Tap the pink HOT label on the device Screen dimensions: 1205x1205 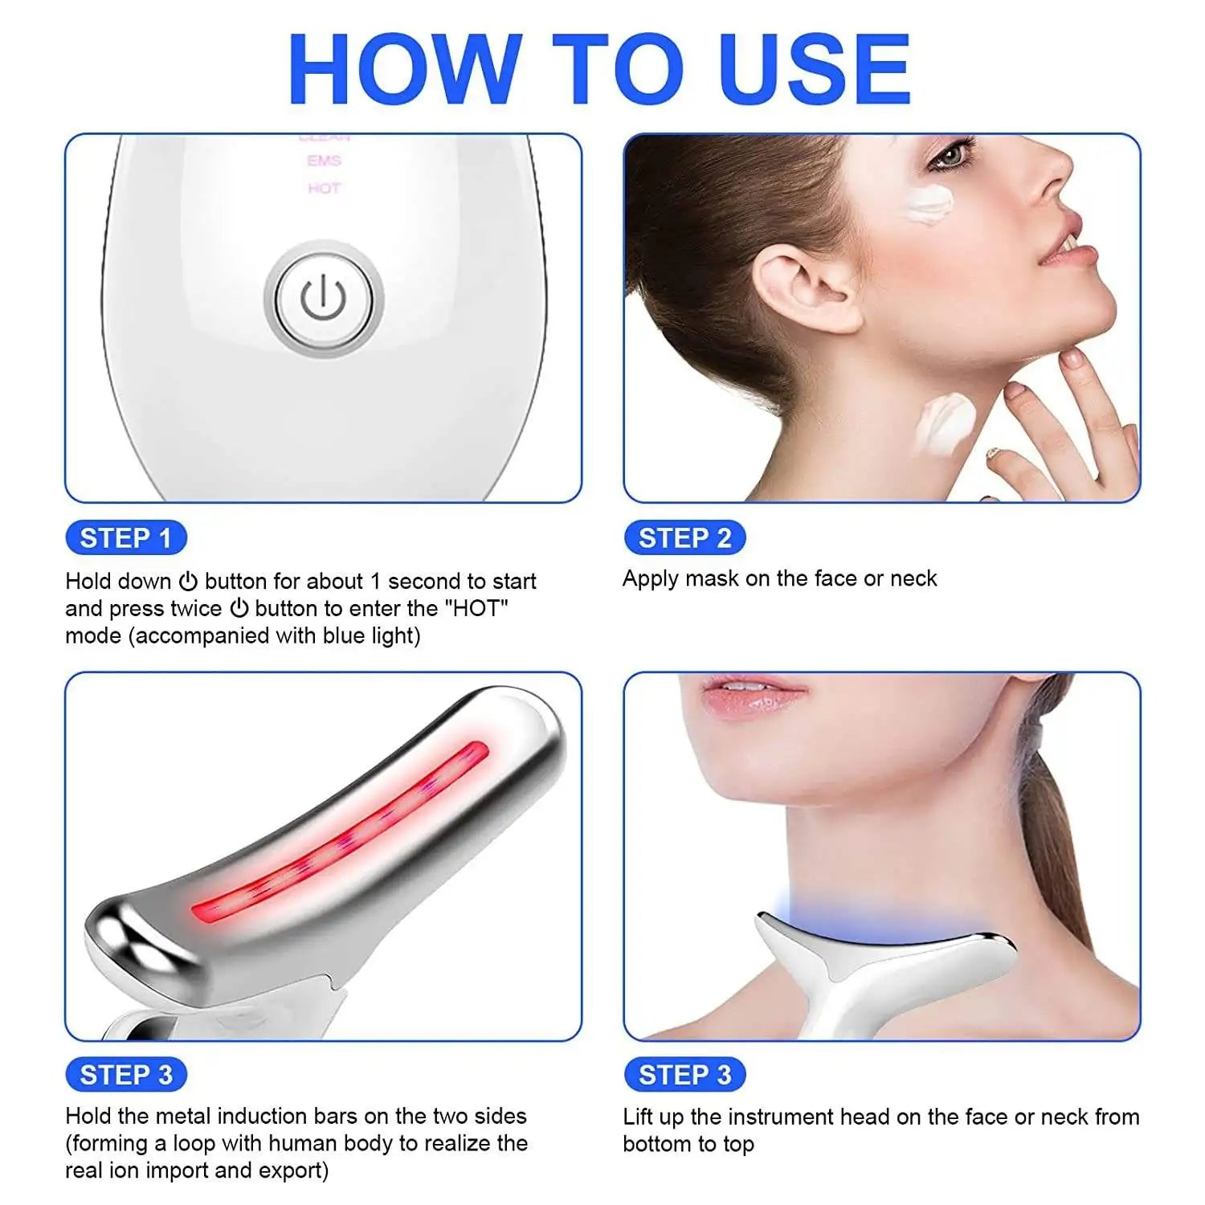click(x=324, y=188)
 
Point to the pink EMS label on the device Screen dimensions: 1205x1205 click(x=324, y=161)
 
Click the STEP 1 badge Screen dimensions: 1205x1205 click(x=125, y=537)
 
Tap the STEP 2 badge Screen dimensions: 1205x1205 click(x=684, y=537)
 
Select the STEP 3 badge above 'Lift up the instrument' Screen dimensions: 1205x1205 click(x=684, y=1074)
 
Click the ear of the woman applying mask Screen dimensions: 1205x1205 click(x=803, y=289)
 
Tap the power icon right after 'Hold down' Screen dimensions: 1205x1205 click(x=188, y=581)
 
